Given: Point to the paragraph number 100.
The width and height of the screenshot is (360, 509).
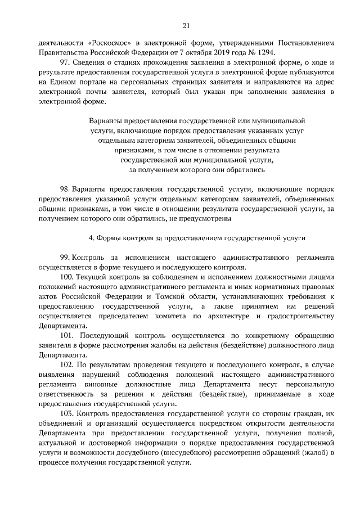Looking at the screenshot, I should [66, 277].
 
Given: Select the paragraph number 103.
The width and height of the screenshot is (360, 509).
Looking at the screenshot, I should [66, 414].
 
